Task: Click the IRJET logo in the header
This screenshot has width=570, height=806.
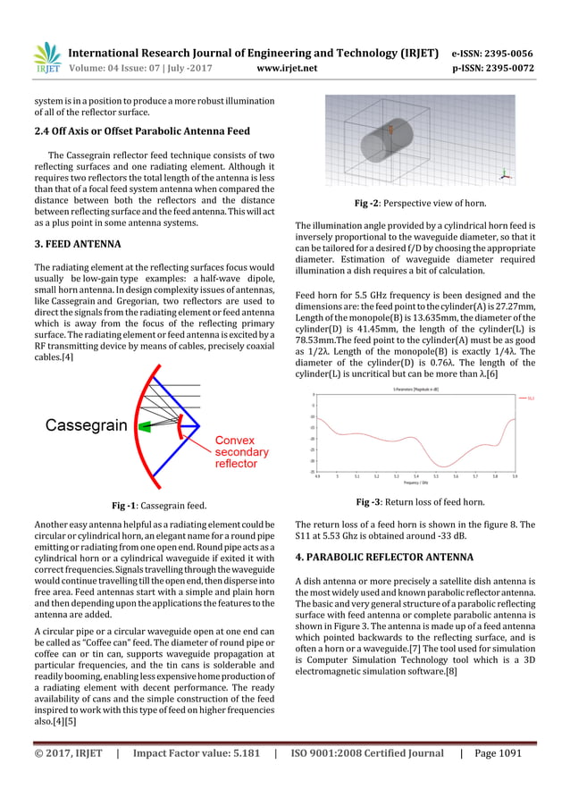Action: (46, 58)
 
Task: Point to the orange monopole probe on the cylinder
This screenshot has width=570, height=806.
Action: (390, 133)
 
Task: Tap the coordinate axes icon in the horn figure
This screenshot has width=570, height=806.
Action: (505, 174)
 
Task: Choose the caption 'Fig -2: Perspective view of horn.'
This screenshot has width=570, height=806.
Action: (420, 204)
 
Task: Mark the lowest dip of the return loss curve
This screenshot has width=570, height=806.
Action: (444, 466)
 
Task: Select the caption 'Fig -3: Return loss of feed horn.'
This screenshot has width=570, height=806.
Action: (420, 502)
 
